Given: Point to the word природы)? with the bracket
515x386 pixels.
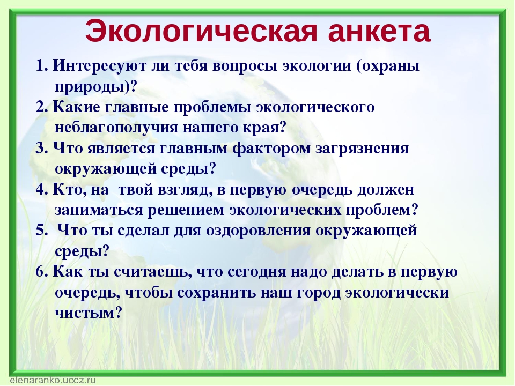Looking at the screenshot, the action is pos(95,87).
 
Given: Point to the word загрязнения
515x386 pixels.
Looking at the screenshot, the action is pos(362,149).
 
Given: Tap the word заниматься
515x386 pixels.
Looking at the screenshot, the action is pos(99,211).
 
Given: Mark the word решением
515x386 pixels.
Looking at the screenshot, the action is pos(186,211).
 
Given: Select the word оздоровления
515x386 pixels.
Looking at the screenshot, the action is pos(258,231).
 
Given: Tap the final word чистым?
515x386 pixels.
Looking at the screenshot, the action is pos(89,313).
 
